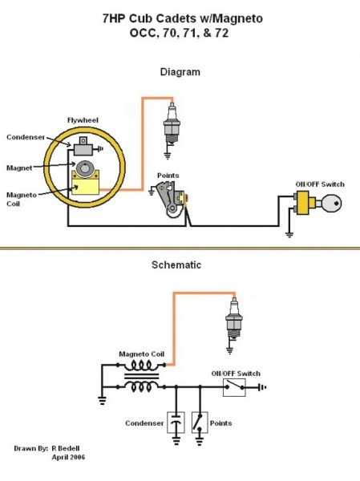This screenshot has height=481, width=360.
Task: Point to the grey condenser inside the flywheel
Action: coord(83,146)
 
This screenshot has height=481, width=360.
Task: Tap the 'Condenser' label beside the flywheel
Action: coord(26,135)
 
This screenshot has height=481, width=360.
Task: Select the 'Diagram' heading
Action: coord(180,72)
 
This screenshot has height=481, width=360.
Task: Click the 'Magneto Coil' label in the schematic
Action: coord(141,353)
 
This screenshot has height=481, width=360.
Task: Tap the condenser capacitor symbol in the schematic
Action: coord(175,422)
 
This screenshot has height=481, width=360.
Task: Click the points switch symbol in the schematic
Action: coord(197,422)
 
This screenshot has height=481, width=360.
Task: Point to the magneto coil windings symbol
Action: coord(141,375)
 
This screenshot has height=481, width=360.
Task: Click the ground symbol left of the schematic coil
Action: coord(102,398)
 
